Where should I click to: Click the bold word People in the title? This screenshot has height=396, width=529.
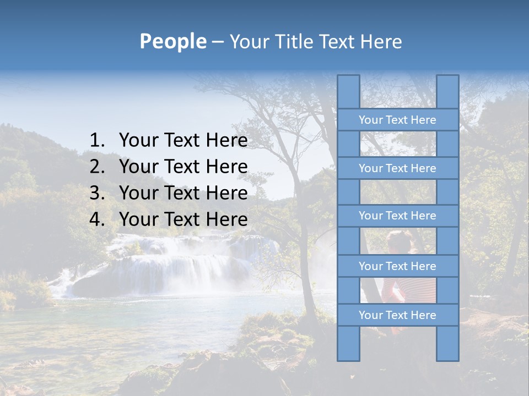pyautogui.click(x=172, y=41)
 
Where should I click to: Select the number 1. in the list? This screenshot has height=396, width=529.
pyautogui.click(x=97, y=141)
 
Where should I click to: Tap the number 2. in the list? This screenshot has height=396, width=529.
pyautogui.click(x=97, y=167)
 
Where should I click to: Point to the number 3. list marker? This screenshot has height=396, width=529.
pyautogui.click(x=97, y=193)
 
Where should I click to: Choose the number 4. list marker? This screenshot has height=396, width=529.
pyautogui.click(x=97, y=219)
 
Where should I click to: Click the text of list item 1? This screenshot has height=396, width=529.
pyautogui.click(x=183, y=141)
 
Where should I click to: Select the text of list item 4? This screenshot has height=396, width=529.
pyautogui.click(x=183, y=219)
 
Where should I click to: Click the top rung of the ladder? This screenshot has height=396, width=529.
pyautogui.click(x=397, y=120)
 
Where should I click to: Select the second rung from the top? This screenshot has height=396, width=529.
pyautogui.click(x=397, y=168)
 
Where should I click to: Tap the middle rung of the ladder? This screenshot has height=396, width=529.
pyautogui.click(x=397, y=216)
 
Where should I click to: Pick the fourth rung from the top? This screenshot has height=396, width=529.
pyautogui.click(x=397, y=266)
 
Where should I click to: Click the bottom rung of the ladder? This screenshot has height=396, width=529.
pyautogui.click(x=397, y=315)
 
